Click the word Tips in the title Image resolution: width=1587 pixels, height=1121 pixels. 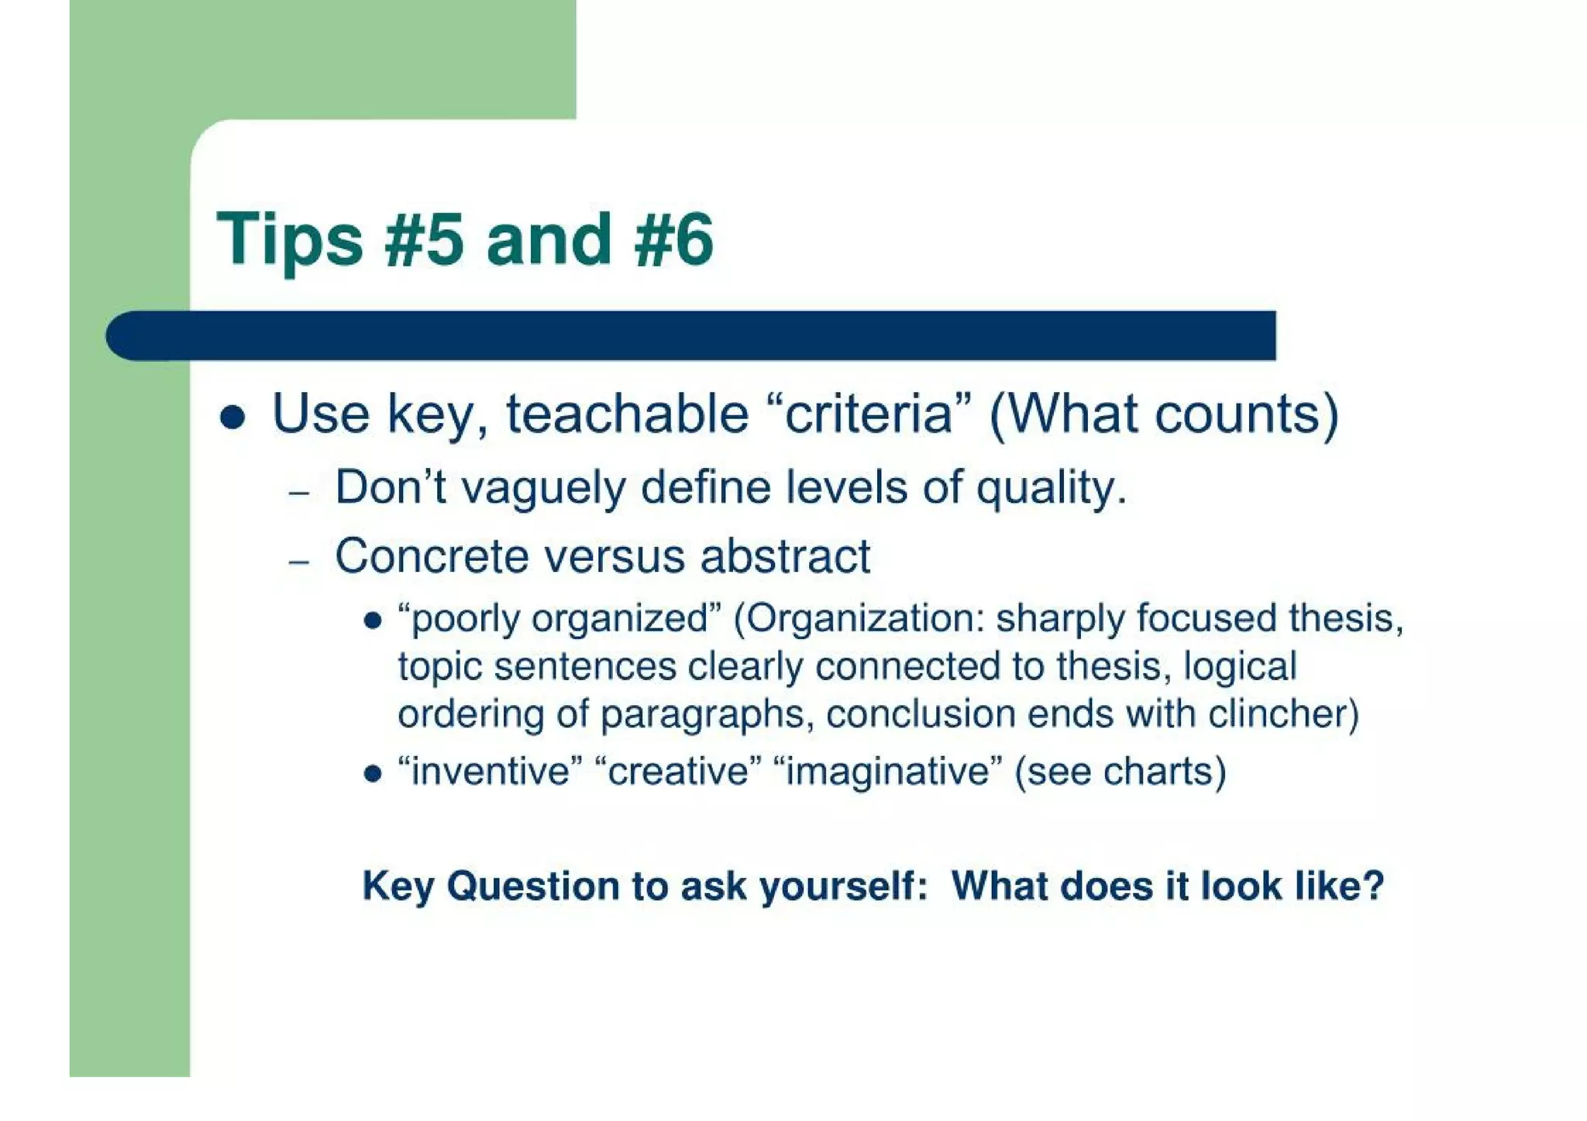(289, 240)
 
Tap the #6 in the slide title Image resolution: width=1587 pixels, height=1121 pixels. (673, 240)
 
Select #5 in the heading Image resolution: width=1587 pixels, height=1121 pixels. (424, 240)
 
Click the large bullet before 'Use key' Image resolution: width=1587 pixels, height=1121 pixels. (232, 418)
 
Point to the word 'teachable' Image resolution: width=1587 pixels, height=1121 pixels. (627, 414)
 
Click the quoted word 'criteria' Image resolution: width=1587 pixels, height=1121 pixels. (868, 414)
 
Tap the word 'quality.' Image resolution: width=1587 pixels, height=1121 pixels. (1051, 488)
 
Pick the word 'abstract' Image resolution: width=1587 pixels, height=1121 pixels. (785, 556)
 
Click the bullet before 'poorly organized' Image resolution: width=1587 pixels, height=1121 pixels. (373, 621)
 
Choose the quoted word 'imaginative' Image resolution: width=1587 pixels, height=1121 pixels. (888, 772)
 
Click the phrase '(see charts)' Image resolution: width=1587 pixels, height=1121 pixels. (1121, 772)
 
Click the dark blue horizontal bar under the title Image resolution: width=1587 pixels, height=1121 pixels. (697, 335)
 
